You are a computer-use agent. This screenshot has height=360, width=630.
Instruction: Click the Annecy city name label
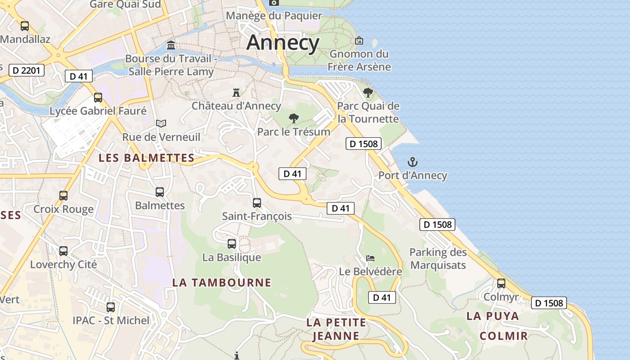pos(283,43)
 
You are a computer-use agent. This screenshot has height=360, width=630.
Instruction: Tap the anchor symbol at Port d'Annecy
pos(413,162)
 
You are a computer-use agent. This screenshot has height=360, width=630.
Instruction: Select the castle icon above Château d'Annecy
pos(236,93)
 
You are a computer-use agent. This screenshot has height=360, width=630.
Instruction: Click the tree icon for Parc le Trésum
pos(294,118)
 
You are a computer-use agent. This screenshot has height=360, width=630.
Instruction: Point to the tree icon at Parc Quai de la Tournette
pos(368,93)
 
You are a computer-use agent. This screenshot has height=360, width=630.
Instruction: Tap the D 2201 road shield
pos(27,70)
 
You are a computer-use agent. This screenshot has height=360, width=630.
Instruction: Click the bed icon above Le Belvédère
pos(370,258)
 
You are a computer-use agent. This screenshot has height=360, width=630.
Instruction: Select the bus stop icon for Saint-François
pos(257,203)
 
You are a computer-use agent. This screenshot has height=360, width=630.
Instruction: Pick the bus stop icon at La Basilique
pos(232,244)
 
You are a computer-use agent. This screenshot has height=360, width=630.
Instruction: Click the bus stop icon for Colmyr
pos(501,283)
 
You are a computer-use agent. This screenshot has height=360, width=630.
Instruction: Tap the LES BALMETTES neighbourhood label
pos(146,158)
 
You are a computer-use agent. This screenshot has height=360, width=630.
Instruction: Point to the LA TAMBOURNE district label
pos(222,283)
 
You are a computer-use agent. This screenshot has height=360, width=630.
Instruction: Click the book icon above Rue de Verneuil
pos(161,123)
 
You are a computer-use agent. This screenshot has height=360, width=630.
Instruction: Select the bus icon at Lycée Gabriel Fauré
pos(98,97)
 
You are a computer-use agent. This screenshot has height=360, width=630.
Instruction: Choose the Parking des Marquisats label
pos(438,258)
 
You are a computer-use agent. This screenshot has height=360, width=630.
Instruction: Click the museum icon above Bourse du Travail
pos(171,45)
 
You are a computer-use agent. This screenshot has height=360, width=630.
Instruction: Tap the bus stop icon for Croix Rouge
pos(63,196)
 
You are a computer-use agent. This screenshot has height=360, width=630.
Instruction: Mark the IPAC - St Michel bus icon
pos(111,307)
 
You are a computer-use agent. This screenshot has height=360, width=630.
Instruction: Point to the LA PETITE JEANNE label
pos(336,329)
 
